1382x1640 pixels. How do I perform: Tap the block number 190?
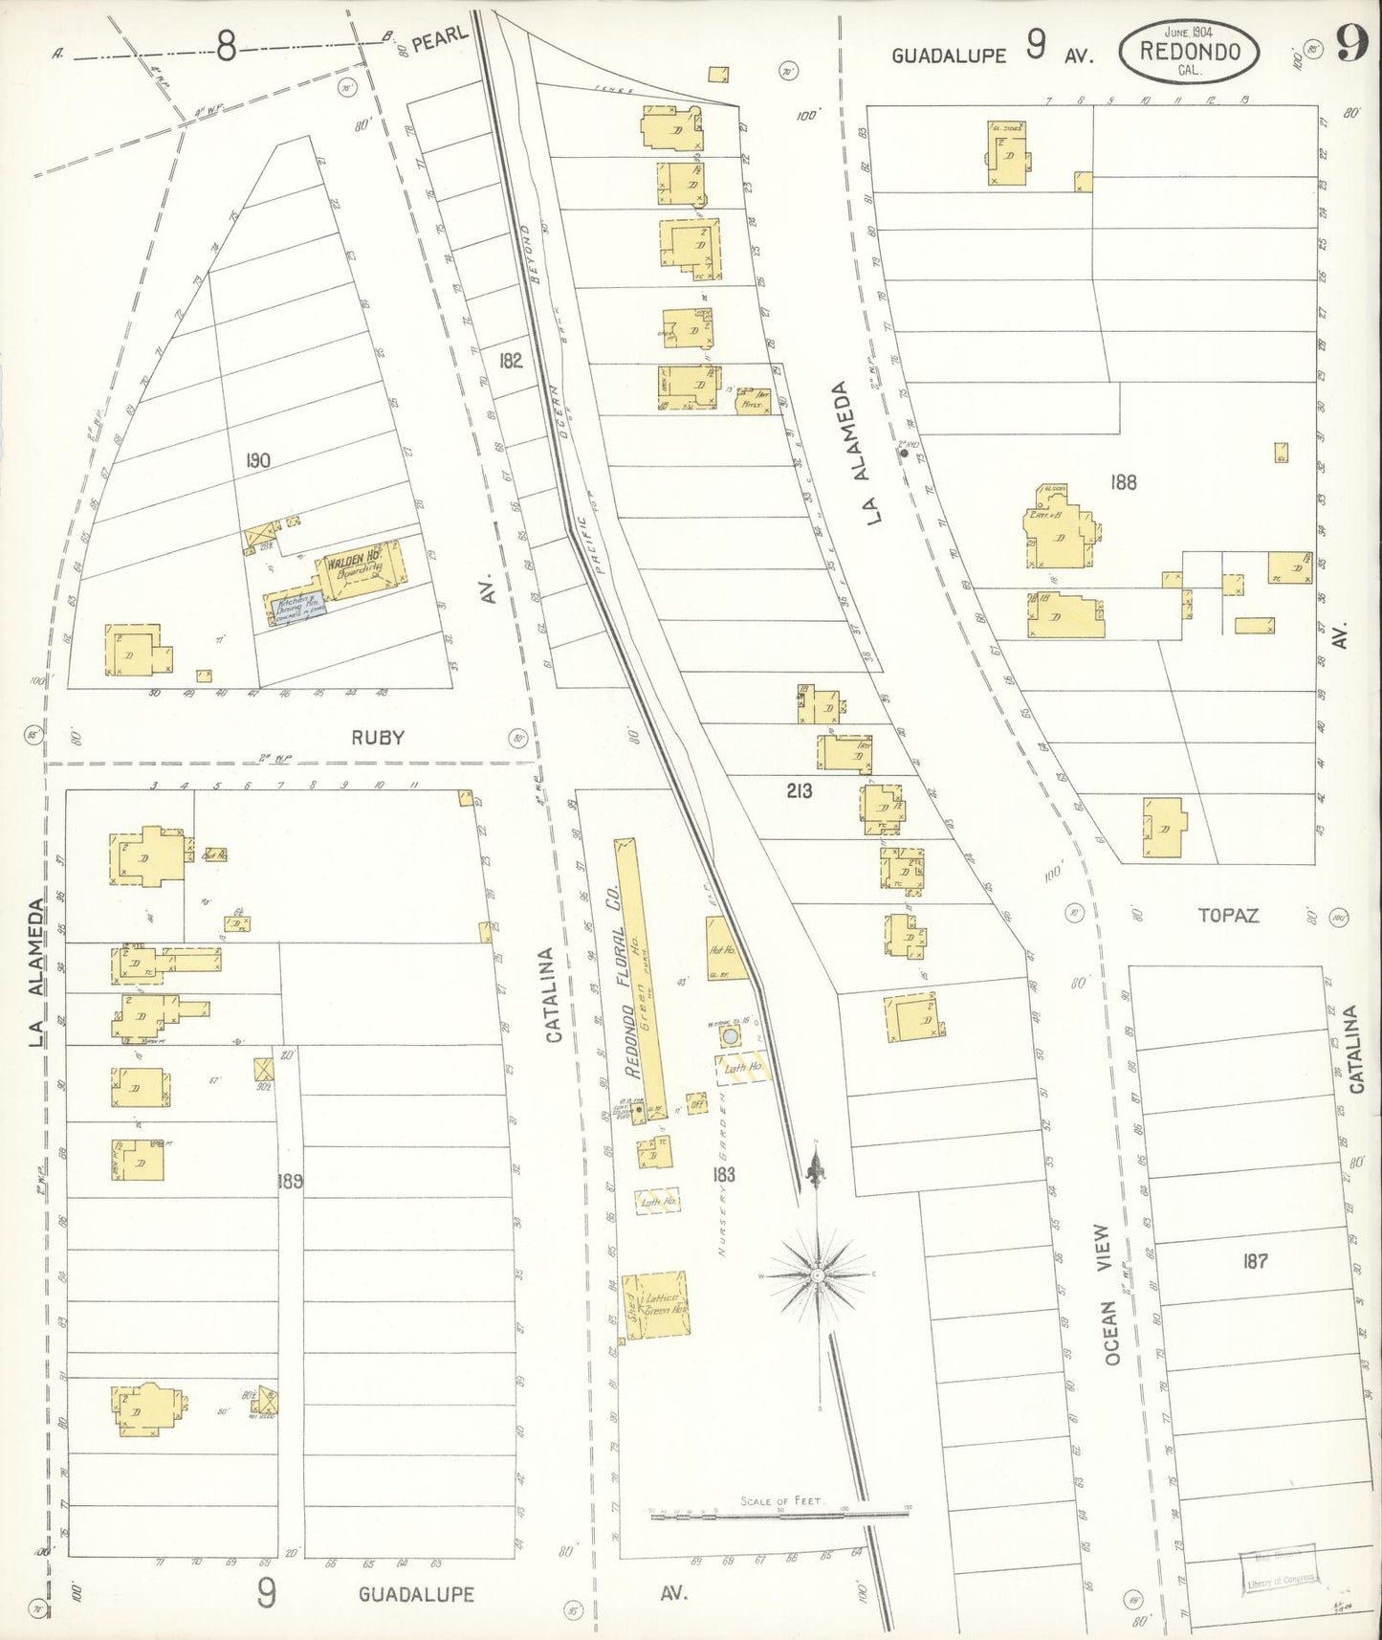(257, 460)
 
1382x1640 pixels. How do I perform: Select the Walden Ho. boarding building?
(356, 571)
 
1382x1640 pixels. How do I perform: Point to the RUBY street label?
(378, 738)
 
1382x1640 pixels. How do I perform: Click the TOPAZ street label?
(1228, 916)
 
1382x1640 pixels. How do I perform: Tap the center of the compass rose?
(818, 1276)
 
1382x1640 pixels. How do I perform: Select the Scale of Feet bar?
(779, 1514)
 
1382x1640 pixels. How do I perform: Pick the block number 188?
(1123, 482)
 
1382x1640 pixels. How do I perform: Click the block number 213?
(799, 790)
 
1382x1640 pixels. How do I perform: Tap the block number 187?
(1255, 1261)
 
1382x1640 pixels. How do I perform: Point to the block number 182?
(511, 360)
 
